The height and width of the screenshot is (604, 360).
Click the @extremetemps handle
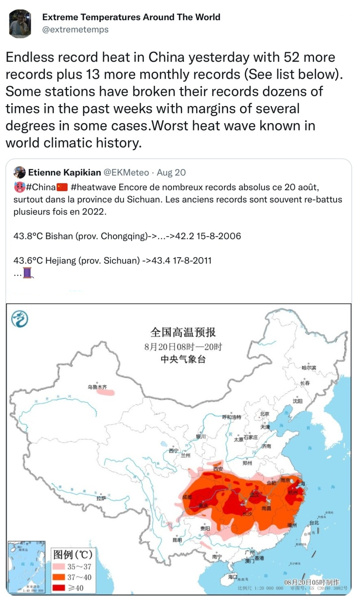pyautogui.click(x=75, y=30)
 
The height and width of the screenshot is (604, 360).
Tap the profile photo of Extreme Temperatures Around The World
pyautogui.click(x=20, y=23)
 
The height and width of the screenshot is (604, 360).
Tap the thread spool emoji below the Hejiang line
pyautogui.click(x=28, y=273)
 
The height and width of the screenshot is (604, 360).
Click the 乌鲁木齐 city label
pyautogui.click(x=98, y=386)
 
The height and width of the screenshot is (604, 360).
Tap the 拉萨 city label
pyautogui.click(x=101, y=498)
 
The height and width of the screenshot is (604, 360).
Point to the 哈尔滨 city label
pyautogui.click(x=309, y=367)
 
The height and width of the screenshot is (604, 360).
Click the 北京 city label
pyautogui.click(x=264, y=414)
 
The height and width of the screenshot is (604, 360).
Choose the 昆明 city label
pyautogui.click(x=177, y=540)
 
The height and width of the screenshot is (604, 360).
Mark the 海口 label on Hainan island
pyautogui.click(x=233, y=576)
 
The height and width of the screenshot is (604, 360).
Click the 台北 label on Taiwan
pyautogui.click(x=314, y=523)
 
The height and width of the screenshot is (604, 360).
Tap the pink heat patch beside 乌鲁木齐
pyautogui.click(x=108, y=392)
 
